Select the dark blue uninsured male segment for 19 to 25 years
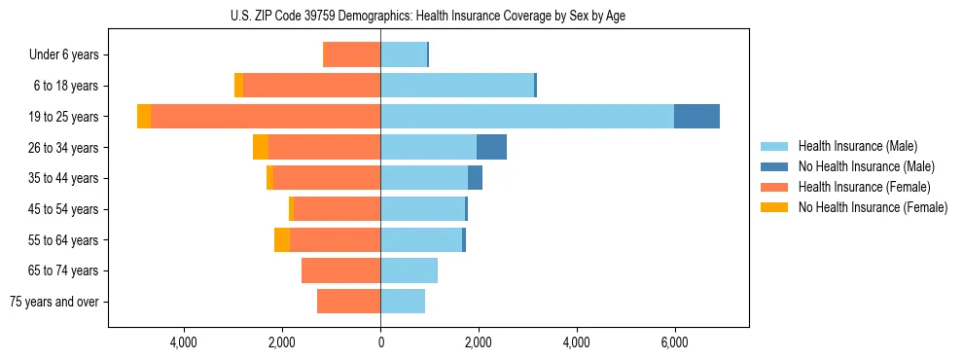[696, 117]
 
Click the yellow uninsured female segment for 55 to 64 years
[282, 240]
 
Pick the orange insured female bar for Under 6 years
[351, 55]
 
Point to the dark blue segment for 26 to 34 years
[491, 148]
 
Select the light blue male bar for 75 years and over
[403, 302]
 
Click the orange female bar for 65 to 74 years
[340, 270]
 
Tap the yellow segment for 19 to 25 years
[144, 117]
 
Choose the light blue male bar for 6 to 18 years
[457, 86]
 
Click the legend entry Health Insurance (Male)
[857, 146]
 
